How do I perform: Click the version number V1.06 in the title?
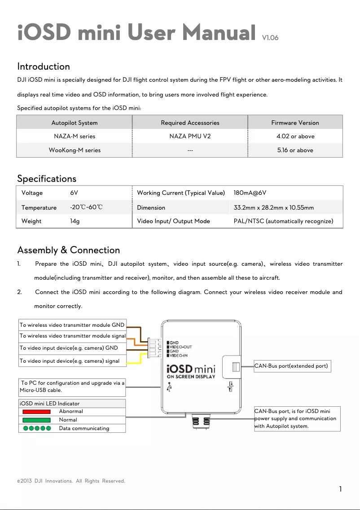coord(270,38)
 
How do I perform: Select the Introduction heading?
coord(44,66)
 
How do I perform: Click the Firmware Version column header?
coord(295,123)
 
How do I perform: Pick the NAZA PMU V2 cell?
coord(190,136)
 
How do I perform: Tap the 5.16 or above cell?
coord(295,150)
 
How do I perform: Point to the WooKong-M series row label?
coord(75,150)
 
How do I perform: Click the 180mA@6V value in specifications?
coord(250,193)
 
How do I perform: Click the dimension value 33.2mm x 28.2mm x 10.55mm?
coord(274,207)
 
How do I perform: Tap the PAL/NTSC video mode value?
coord(283,221)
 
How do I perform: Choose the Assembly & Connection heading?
coord(68,250)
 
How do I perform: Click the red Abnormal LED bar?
coord(36,411)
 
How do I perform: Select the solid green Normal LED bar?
coord(36,420)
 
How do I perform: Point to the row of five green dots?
coord(37,428)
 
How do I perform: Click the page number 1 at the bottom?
coord(341,489)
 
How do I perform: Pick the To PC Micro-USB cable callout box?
coord(72,387)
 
